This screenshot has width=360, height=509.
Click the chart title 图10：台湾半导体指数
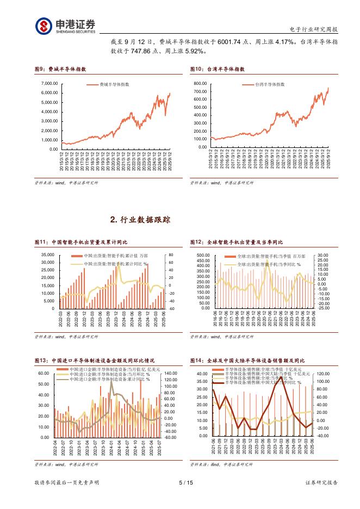[217, 70]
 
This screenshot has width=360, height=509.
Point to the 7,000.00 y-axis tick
[49, 84]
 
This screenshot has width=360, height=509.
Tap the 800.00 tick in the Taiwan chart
[201, 84]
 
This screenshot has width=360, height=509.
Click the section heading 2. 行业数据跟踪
[140, 220]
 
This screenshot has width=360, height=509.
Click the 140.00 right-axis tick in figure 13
[170, 374]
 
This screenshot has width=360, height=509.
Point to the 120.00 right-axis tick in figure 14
[324, 374]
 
